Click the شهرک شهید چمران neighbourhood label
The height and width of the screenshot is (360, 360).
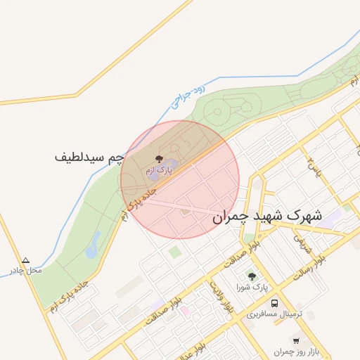pyautogui.click(x=267, y=217)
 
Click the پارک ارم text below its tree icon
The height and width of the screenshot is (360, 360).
pyautogui.click(x=158, y=171)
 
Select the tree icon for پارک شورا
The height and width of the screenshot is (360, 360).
pyautogui.click(x=252, y=276)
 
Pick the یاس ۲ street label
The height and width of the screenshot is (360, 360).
pyautogui.click(x=313, y=167)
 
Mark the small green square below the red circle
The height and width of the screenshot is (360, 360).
pyautogui.click(x=174, y=250)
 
